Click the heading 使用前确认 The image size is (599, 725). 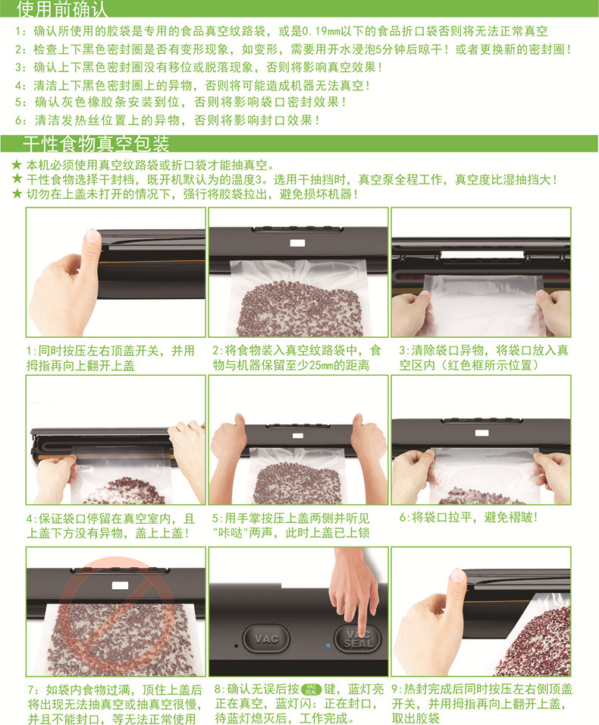click(62, 9)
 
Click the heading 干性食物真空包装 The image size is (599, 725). click(96, 143)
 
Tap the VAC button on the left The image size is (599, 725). click(266, 638)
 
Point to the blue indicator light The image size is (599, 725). click(328, 645)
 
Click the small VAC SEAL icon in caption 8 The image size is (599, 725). click(311, 689)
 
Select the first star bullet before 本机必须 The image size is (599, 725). click(17, 164)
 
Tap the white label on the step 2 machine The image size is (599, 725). click(297, 243)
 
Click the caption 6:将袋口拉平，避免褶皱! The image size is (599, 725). click(469, 518)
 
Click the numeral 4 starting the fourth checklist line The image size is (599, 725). click(18, 86)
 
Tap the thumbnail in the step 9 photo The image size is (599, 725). click(457, 575)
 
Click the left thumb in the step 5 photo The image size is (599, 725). click(239, 421)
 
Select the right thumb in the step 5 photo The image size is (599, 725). click(358, 421)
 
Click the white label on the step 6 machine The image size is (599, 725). click(481, 433)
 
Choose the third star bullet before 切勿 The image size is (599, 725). click(17, 194)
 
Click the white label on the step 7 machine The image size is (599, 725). click(120, 585)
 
